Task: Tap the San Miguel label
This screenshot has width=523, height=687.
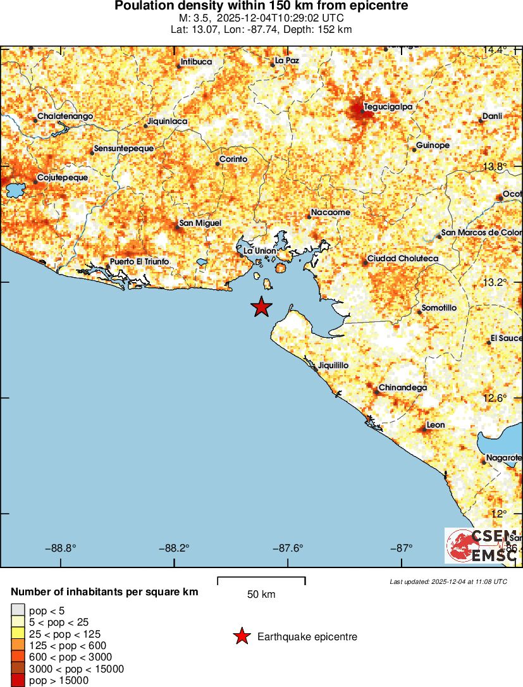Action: [200, 223]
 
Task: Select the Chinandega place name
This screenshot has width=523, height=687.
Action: [403, 387]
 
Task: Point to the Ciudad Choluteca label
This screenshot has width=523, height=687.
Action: [403, 259]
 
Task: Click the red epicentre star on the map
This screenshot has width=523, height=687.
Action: [261, 307]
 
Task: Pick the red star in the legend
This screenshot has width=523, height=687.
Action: [242, 637]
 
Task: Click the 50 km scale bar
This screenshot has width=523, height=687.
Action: [261, 578]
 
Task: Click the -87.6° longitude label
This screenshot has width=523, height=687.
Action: [288, 548]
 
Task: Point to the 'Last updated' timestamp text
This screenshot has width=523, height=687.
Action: [448, 581]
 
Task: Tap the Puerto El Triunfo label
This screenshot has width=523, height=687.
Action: [139, 261]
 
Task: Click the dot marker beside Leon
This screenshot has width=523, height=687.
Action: [423, 430]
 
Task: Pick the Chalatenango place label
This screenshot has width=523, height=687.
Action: [65, 116]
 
